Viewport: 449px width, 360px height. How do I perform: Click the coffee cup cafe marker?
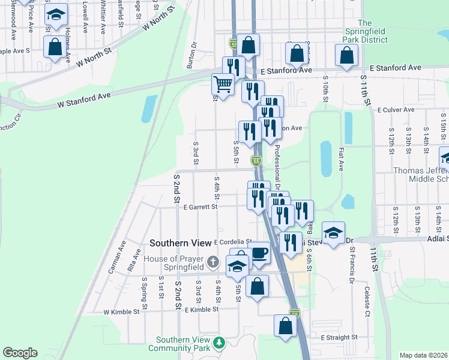(x=259, y=253)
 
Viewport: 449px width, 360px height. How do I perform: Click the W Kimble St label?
(x=121, y=312)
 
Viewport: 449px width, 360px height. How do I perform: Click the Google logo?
(x=20, y=353)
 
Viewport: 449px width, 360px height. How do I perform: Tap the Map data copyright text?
(x=423, y=355)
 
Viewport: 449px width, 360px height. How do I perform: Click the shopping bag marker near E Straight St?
(x=286, y=325)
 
